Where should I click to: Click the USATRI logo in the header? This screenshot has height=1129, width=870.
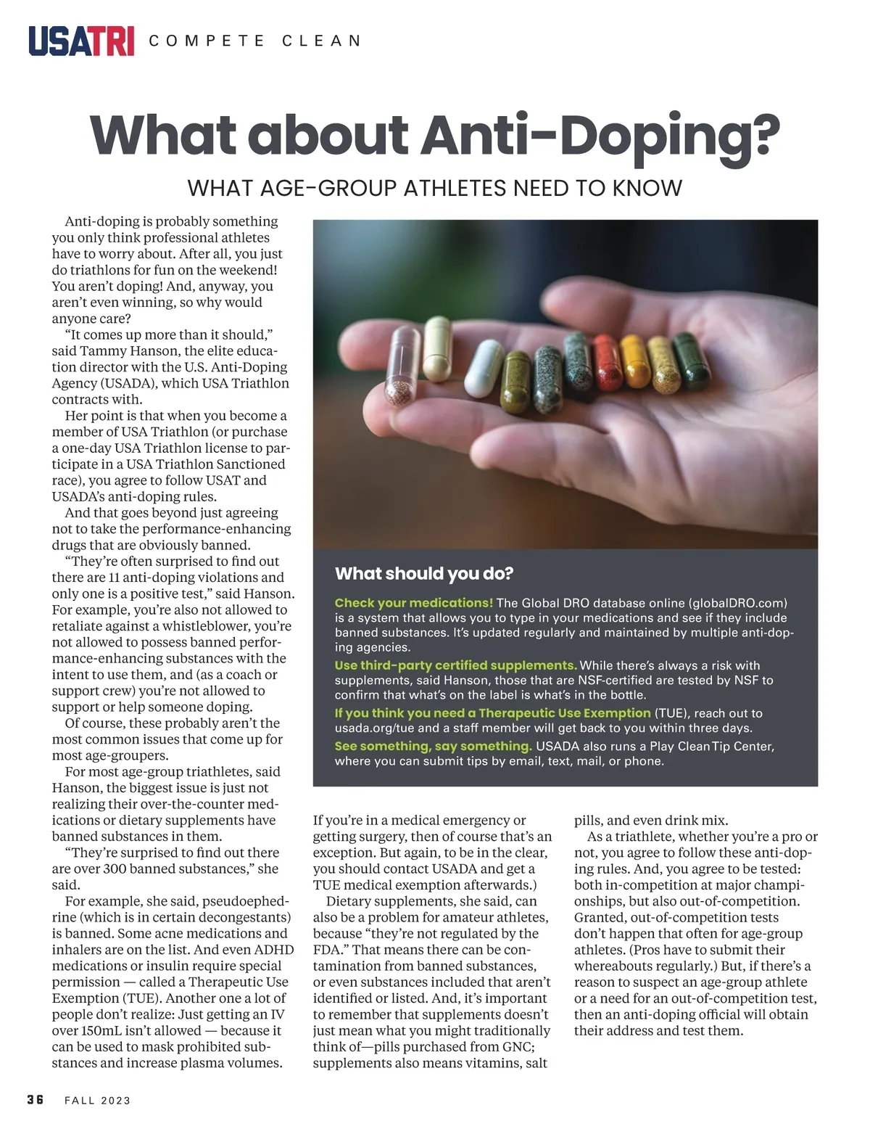(81, 41)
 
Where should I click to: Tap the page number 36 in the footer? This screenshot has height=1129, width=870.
(36, 1100)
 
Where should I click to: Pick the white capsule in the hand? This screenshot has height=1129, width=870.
(484, 369)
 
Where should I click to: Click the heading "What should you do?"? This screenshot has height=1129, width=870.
(424, 574)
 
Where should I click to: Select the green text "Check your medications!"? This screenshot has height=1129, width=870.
(413, 603)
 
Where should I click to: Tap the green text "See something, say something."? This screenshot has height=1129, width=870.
(433, 746)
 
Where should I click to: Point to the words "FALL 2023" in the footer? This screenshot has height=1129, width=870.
(98, 1101)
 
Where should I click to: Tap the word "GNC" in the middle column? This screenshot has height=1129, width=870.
(515, 1046)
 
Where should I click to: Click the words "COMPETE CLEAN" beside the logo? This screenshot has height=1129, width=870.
(255, 41)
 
